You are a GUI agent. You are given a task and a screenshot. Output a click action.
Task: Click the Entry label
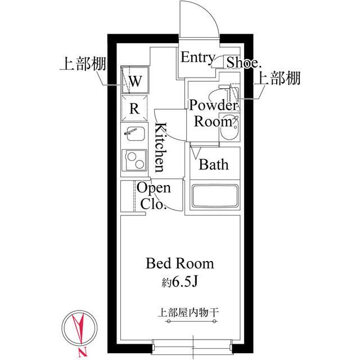tap(197, 57)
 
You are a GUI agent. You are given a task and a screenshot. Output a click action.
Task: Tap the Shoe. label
tap(243, 62)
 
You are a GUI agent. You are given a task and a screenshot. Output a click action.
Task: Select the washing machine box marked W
tap(136, 80)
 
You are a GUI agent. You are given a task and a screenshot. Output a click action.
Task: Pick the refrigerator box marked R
tap(135, 109)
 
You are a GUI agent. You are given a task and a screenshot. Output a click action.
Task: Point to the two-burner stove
tap(135, 161)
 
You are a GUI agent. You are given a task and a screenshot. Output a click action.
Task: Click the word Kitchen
tap(160, 147)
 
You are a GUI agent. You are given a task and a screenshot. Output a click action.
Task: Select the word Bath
tap(214, 165)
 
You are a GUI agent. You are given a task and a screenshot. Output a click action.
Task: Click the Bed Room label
tap(180, 263)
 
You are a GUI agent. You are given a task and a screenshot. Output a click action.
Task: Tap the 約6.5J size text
tap(180, 281)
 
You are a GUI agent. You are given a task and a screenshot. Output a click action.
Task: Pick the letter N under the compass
tap(83, 353)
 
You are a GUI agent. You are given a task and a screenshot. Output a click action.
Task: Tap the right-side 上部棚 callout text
tap(278, 79)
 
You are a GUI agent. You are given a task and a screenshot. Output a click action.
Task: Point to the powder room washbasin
tap(228, 133)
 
